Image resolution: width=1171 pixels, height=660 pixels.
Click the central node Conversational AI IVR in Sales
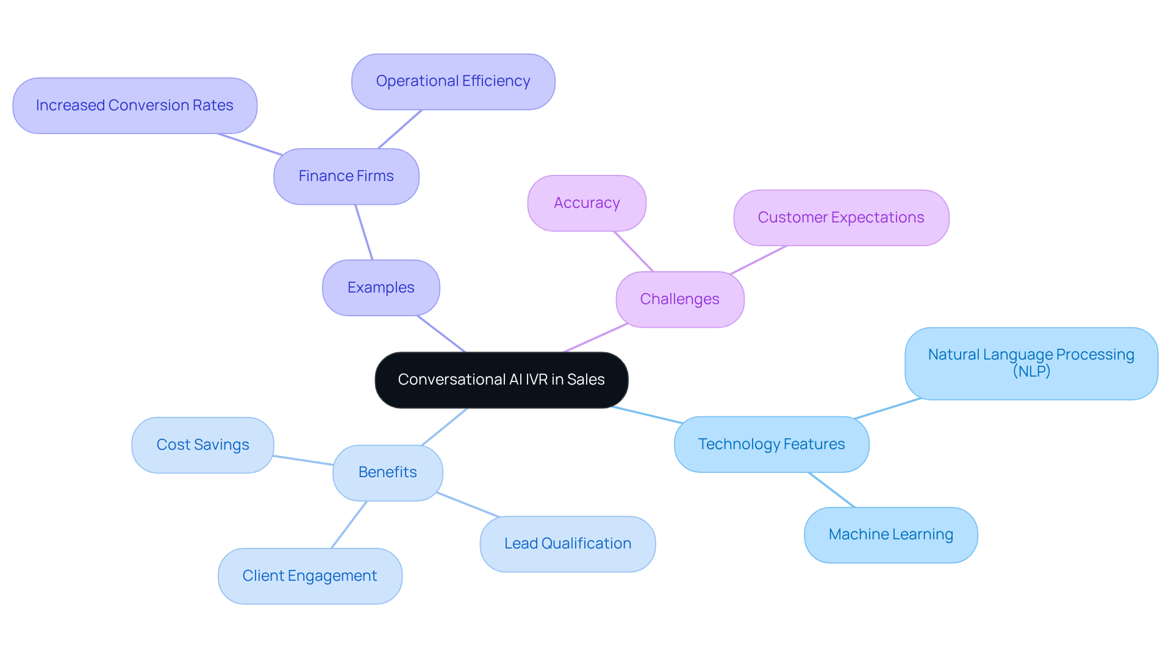(x=501, y=380)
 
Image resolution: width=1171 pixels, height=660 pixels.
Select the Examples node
(x=381, y=288)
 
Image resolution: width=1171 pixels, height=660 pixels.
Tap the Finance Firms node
(x=346, y=176)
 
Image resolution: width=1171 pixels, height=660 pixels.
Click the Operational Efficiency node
(x=453, y=81)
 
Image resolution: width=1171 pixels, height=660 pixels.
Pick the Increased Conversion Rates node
(x=134, y=105)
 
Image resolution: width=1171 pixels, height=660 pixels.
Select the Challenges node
(x=679, y=299)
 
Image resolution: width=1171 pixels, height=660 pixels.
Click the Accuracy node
(x=586, y=203)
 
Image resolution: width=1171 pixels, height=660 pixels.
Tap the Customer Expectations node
(x=840, y=218)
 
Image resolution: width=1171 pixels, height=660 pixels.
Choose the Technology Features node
(x=771, y=444)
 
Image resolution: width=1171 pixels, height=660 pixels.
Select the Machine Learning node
(x=890, y=534)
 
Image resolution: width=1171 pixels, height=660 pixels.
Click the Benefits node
(x=387, y=472)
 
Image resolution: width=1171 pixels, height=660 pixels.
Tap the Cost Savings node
(x=202, y=445)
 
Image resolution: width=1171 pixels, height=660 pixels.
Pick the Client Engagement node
(x=309, y=576)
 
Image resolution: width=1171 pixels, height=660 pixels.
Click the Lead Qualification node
(x=567, y=544)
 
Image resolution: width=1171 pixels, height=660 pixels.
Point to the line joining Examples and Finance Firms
(x=364, y=232)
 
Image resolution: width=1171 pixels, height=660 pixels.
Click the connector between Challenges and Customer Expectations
(x=759, y=260)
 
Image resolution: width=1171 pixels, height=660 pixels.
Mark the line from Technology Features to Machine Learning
(x=831, y=489)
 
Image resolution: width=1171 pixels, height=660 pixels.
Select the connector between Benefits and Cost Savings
(x=303, y=460)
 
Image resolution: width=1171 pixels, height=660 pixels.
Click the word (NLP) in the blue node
(x=1031, y=371)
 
